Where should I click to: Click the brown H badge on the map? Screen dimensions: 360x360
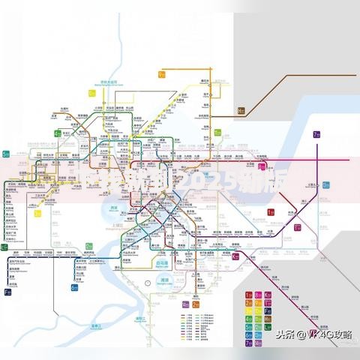[241, 111]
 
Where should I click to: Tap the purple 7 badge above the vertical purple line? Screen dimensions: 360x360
[317, 135]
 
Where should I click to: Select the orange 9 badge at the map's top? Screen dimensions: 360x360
[161, 74]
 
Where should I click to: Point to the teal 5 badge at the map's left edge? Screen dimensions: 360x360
[6, 154]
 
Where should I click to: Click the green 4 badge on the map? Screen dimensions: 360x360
[57, 133]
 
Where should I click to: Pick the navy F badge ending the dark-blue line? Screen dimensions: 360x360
[7, 291]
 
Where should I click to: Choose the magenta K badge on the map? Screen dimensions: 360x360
[235, 257]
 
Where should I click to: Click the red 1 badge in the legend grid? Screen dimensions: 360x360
[249, 296]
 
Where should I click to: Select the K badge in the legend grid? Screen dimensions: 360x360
[267, 296]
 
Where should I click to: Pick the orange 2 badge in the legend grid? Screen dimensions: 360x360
[249, 304]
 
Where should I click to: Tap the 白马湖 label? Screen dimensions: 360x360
[161, 264]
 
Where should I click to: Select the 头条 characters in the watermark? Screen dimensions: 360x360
[286, 335]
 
